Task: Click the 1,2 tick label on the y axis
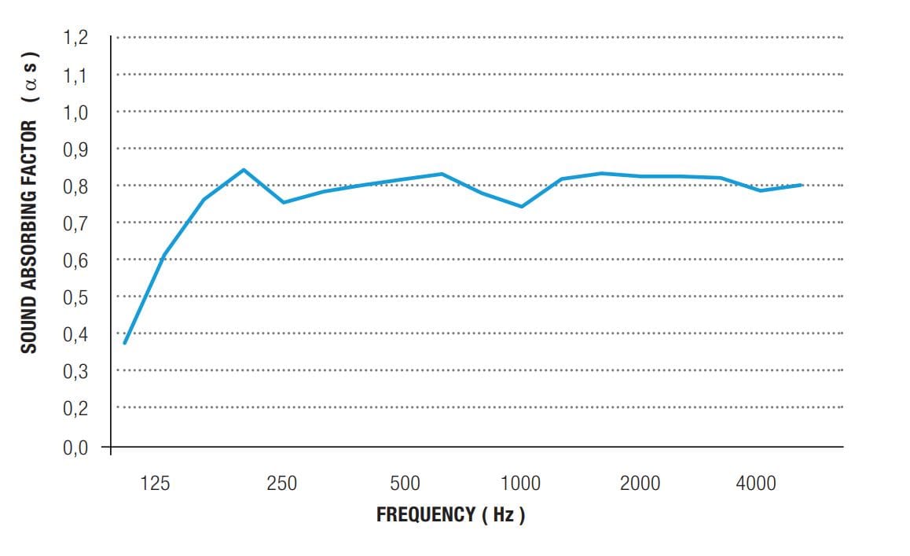75,38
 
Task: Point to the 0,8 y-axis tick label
75,186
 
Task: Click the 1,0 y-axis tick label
75,112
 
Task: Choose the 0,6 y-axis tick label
75,260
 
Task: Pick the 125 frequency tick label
155,484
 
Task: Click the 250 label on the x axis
282,484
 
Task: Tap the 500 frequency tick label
405,484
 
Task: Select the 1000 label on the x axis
520,484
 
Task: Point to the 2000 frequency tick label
640,484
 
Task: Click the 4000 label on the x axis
756,484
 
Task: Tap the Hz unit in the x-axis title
503,515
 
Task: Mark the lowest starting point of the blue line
124,344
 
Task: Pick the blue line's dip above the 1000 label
521,207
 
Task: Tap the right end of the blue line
801,185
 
